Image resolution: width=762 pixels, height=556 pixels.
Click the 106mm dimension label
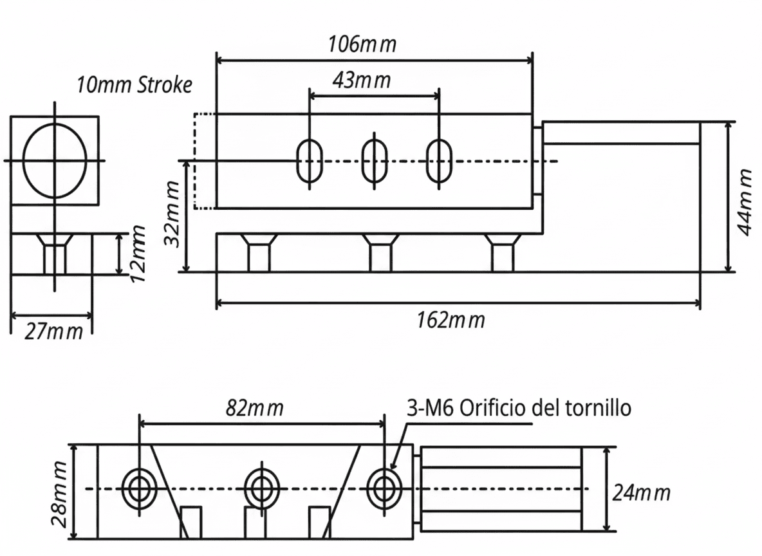pyautogui.click(x=362, y=45)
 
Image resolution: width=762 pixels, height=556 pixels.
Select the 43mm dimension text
pyautogui.click(x=362, y=80)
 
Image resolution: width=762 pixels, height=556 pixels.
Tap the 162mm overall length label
pyautogui.click(x=450, y=319)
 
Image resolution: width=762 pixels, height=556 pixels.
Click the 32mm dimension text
pyautogui.click(x=172, y=214)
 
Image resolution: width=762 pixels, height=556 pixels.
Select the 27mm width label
pyautogui.click(x=54, y=332)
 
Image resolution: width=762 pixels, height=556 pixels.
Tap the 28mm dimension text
pyautogui.click(x=60, y=493)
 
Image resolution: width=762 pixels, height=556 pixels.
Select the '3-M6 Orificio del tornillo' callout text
pyautogui.click(x=519, y=408)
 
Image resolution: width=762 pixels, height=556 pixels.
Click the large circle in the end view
pyautogui.click(x=55, y=160)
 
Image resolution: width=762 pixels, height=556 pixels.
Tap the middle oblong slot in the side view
pyautogui.click(x=374, y=160)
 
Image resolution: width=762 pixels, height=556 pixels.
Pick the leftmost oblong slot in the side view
pyautogui.click(x=309, y=160)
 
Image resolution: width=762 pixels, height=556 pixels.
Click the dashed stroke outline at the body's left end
pyautogui.click(x=204, y=161)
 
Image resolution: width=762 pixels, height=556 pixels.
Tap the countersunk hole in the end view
pyautogui.click(x=55, y=254)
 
